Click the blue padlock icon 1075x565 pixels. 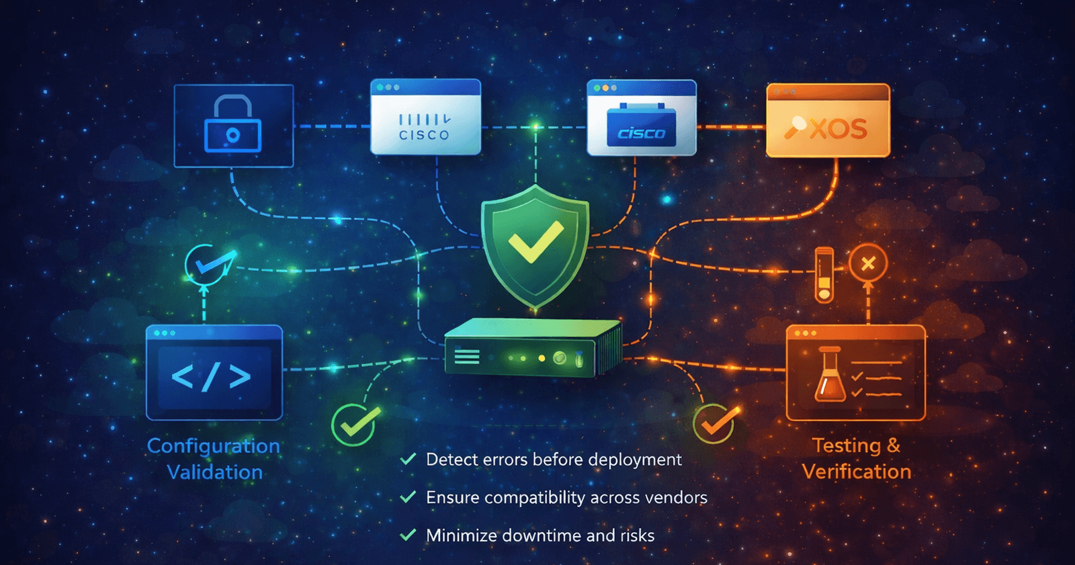coord(232,125)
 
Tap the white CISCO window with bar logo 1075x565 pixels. coord(425,118)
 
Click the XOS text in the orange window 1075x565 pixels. coord(838,128)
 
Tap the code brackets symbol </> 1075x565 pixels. coord(212,377)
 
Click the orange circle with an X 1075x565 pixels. coord(867,263)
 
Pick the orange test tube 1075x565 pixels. coord(824,274)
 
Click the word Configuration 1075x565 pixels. coord(213,446)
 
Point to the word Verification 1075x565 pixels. coord(857,472)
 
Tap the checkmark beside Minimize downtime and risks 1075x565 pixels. coord(408,535)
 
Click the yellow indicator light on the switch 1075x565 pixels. coord(542,358)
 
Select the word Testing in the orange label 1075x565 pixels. coord(846,445)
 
